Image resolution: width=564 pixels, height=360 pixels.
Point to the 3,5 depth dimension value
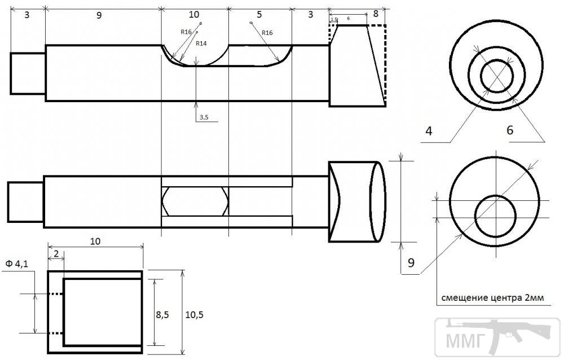203,117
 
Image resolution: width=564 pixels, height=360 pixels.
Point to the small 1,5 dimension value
333,19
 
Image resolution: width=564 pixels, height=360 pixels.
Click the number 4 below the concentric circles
429,131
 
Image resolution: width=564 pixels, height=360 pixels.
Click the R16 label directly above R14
187,32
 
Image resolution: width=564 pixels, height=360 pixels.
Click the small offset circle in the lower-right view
496,216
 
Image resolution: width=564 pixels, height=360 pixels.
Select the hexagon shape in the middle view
195,200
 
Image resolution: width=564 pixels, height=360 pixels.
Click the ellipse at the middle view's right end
378,201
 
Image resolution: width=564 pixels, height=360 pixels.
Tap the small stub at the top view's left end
28,73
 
